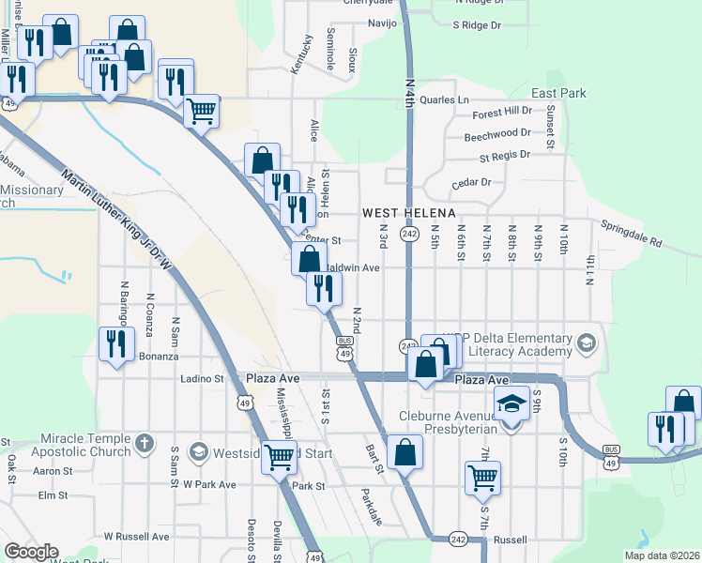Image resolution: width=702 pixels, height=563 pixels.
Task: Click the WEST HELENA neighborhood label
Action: click(x=409, y=213)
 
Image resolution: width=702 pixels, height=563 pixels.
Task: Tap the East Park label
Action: click(x=558, y=93)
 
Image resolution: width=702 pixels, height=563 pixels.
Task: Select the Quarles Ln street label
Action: click(x=444, y=99)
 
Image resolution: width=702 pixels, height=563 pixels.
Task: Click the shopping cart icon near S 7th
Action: click(x=482, y=476)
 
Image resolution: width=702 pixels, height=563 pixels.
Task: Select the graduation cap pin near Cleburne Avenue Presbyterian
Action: click(x=511, y=404)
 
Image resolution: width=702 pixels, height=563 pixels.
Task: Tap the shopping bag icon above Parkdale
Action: click(x=404, y=452)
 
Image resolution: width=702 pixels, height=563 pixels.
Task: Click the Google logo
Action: click(x=31, y=552)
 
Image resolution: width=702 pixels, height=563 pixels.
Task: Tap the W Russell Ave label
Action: click(x=136, y=537)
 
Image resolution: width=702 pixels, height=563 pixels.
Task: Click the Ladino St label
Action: click(x=202, y=379)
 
